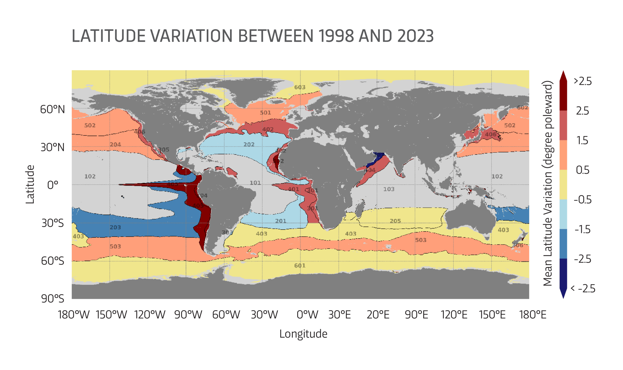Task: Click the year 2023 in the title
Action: [415, 36]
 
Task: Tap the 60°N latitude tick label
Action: [53, 109]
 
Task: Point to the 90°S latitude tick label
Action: [53, 299]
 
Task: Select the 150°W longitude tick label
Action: [111, 315]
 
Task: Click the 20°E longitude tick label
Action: [378, 315]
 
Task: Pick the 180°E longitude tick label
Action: [532, 315]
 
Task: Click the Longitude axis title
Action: [303, 334]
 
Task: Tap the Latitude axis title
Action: [30, 184]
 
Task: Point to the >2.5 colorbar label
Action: [583, 81]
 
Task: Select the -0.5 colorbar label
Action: [583, 199]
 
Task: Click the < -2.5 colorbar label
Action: [583, 288]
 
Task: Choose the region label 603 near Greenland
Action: [300, 87]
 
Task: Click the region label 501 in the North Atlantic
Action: [265, 113]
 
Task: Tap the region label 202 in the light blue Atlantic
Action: [249, 145]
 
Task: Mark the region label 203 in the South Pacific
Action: [115, 227]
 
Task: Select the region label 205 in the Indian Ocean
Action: [395, 221]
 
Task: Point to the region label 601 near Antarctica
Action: [300, 266]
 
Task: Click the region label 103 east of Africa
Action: [389, 189]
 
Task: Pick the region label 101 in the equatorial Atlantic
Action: [255, 183]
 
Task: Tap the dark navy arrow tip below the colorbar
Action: [563, 295]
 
